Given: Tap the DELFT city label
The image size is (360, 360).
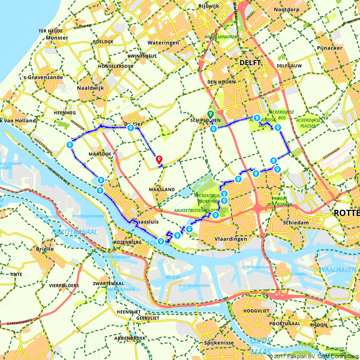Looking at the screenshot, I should [250, 63].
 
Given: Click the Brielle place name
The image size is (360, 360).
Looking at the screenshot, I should [45, 249].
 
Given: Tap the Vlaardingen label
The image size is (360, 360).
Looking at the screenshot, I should [230, 239].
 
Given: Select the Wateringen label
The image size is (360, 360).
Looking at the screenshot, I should [163, 42].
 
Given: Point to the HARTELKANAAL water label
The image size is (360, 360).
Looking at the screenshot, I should [74, 232].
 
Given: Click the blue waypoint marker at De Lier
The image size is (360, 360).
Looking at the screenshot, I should [131, 128].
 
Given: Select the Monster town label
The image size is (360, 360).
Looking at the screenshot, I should [57, 37].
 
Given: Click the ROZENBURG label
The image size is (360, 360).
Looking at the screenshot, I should [127, 242].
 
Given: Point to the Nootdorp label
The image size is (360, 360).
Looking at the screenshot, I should [287, 10].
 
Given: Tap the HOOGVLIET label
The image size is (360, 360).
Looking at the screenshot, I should [255, 310].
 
